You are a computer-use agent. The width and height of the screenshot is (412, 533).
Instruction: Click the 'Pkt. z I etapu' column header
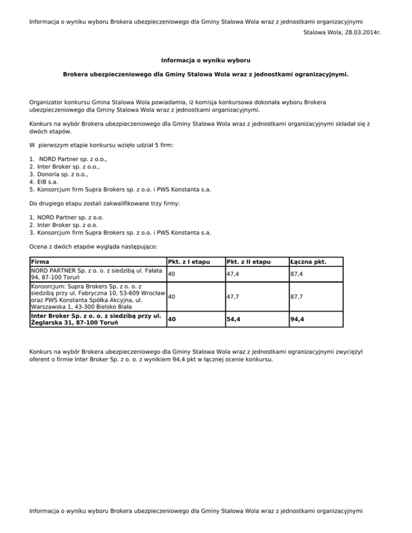(x=187, y=262)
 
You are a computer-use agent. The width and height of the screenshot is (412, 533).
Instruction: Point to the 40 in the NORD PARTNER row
(x=172, y=274)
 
